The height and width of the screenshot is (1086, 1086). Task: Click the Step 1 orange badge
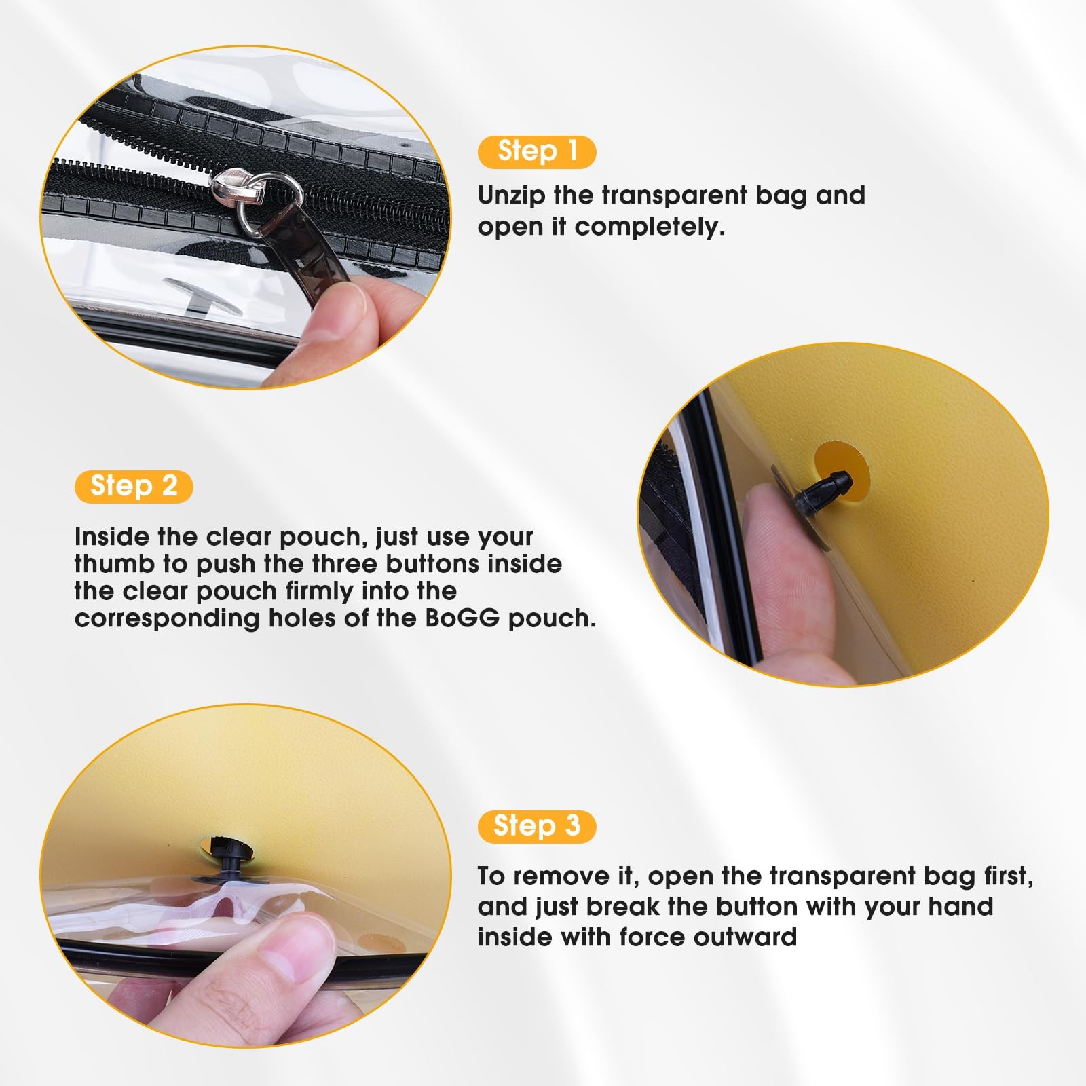tap(537, 151)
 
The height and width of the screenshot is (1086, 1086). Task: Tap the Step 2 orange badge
tap(134, 487)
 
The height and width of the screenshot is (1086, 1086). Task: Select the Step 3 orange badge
tap(537, 827)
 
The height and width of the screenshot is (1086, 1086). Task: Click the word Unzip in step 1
tap(512, 196)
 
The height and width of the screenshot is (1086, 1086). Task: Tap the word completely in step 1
tap(650, 227)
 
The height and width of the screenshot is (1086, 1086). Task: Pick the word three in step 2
tap(345, 564)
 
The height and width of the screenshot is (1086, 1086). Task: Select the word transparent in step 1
tap(675, 196)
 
